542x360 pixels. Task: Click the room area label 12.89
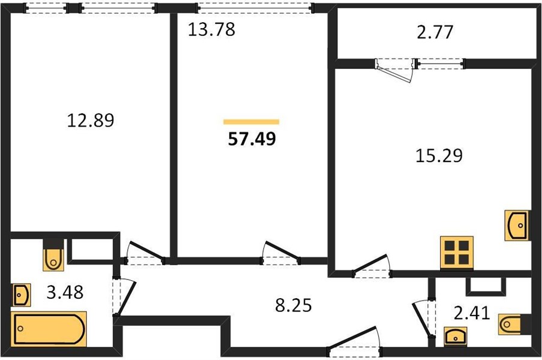91,121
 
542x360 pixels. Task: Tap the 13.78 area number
212,29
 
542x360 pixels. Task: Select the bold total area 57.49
252,139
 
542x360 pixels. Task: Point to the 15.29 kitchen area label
439,155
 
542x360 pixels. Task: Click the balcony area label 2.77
435,32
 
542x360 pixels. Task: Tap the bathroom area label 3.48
65,293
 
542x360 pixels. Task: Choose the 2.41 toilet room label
472,313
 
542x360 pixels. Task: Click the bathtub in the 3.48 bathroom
49,329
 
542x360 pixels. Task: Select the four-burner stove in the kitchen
457,253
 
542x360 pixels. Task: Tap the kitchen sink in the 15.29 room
517,225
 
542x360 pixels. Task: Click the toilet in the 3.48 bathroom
53,255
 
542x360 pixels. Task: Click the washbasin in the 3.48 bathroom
22,295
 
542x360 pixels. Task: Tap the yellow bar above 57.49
251,122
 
